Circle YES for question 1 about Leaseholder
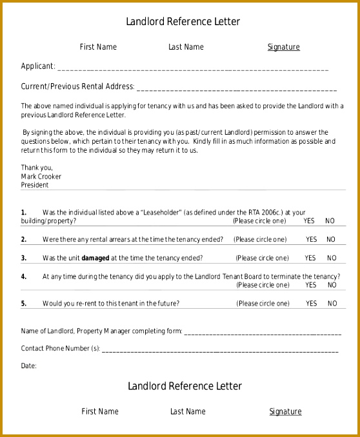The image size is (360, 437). point(309,220)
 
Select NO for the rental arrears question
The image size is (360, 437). point(331,239)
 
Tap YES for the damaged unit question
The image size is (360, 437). point(311,258)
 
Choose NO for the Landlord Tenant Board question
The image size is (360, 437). point(331,284)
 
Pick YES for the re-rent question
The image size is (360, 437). point(312,303)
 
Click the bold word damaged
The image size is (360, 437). point(95,258)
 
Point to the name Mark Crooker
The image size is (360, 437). point(41,176)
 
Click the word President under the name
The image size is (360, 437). point(35,184)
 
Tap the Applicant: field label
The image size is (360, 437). point(38,66)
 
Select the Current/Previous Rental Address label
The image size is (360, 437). point(77,86)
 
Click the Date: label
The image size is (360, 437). point(29,365)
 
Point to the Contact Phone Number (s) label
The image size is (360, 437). point(61,349)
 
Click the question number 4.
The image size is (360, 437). point(24,277)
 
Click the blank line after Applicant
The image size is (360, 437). point(194,68)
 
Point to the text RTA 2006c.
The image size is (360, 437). point(264,212)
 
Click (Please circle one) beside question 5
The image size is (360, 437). point(263,303)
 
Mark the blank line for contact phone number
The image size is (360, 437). point(219,350)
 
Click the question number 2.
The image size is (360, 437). point(24,239)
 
